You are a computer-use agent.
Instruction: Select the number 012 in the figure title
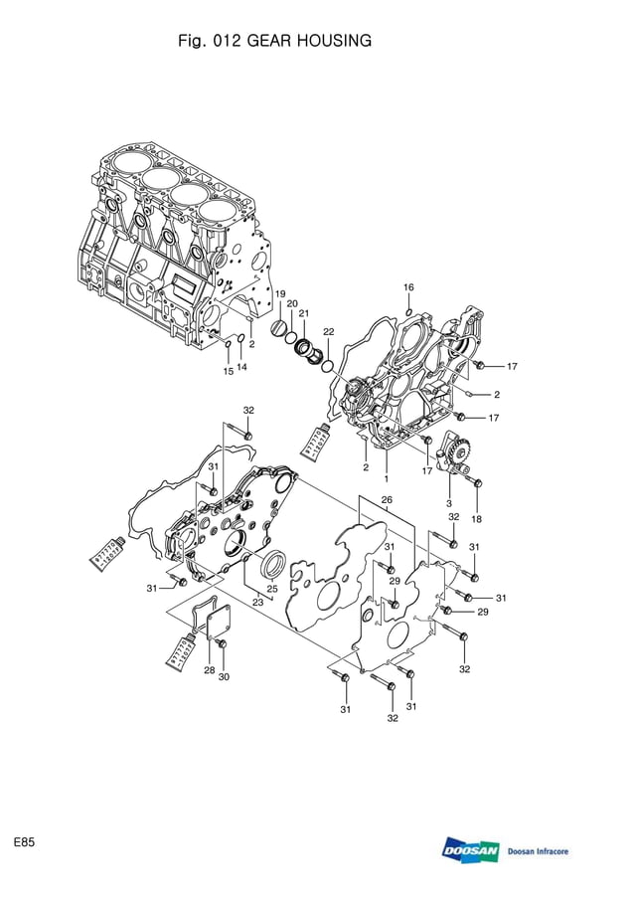[x=226, y=41]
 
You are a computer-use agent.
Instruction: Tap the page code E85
[x=25, y=842]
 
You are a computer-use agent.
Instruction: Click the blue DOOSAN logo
[x=470, y=850]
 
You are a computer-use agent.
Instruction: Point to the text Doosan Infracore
[x=538, y=852]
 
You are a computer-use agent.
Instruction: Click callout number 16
[x=408, y=287]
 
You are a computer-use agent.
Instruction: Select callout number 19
[x=280, y=294]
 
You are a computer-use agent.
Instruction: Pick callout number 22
[x=328, y=331]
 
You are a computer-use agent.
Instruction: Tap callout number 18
[x=476, y=519]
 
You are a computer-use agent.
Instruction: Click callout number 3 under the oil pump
[x=448, y=504]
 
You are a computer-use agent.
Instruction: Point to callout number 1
[x=386, y=479]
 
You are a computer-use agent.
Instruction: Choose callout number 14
[x=241, y=367]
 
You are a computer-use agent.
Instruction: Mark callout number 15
[x=228, y=371]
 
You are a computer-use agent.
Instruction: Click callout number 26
[x=387, y=499]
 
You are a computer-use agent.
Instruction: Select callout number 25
[x=271, y=589]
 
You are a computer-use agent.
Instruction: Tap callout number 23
[x=257, y=601]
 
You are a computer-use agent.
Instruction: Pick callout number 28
[x=210, y=670]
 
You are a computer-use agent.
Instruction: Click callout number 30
[x=225, y=677]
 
